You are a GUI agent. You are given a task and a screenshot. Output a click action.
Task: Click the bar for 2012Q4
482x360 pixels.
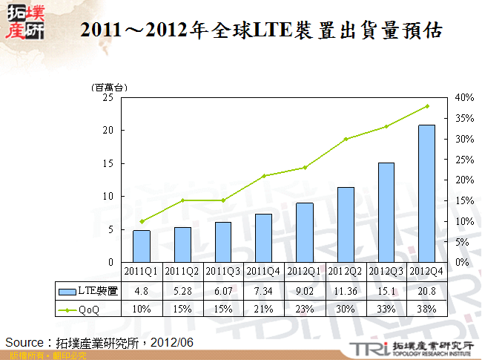click(x=426, y=194)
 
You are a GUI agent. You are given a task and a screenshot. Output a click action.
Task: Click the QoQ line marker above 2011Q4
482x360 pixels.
click(x=264, y=176)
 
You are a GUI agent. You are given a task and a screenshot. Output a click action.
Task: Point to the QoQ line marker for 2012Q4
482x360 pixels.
click(x=426, y=106)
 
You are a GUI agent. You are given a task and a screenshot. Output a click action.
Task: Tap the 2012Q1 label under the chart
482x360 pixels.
click(x=305, y=271)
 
